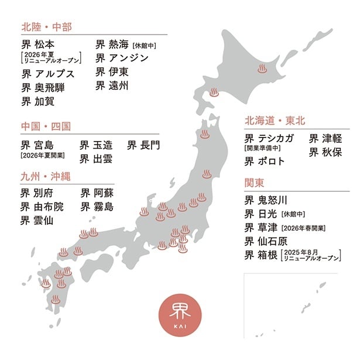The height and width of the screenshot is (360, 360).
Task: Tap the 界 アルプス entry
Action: [49, 74]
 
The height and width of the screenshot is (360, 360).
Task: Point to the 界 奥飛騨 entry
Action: [43, 88]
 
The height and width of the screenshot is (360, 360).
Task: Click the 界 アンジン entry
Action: [122, 58]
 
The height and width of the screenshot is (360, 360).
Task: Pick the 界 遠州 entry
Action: [112, 86]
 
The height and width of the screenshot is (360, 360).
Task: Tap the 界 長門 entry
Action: [143, 144]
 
